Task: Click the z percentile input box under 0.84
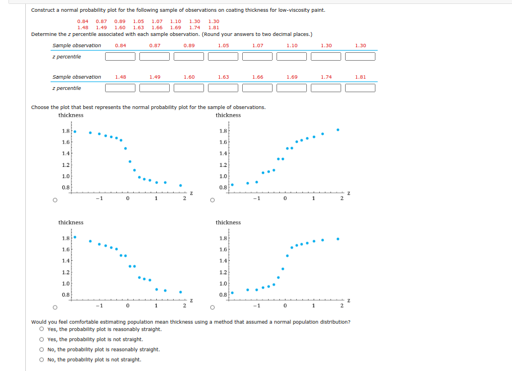120,56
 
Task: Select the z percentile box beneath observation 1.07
258,56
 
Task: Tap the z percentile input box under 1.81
360,88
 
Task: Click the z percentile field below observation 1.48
120,88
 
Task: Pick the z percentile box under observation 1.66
258,88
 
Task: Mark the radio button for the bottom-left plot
55,307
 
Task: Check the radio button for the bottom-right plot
211,307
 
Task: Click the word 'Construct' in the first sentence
42,10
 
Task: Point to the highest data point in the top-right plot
338,129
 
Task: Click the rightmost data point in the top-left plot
180,185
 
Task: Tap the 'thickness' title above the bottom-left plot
71,223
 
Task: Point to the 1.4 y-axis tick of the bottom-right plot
224,261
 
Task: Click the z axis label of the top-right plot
349,193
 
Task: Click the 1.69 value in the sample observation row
292,77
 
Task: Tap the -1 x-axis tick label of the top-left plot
98,198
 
